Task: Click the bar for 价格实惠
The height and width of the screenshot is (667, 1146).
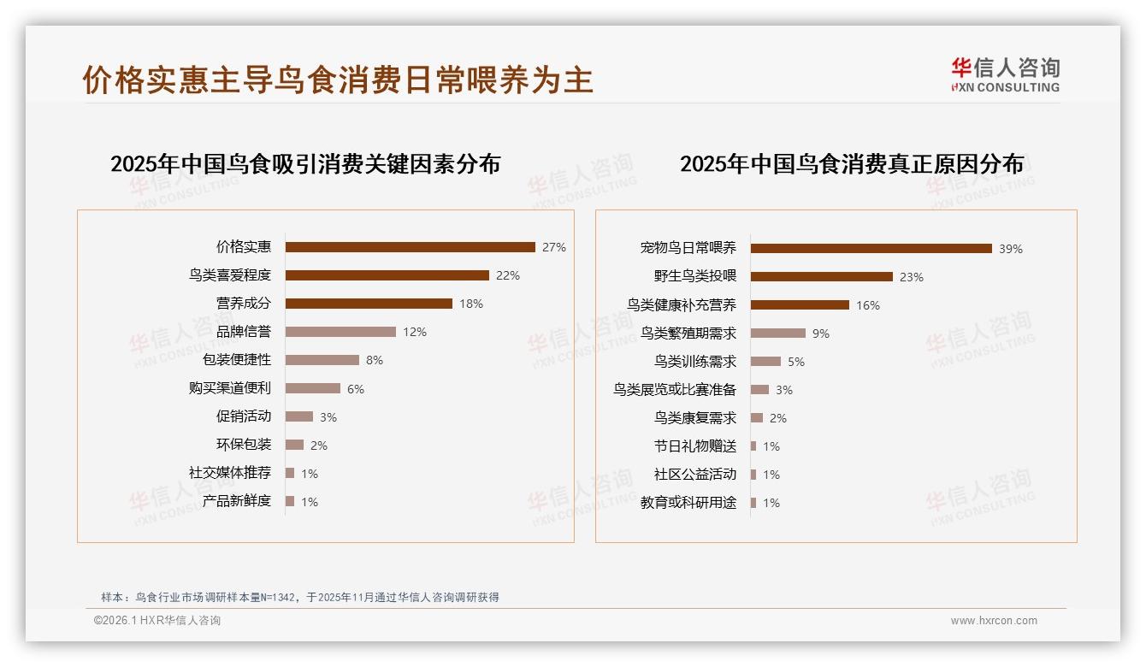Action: (411, 247)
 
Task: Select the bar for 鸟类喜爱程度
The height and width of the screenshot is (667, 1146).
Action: (387, 275)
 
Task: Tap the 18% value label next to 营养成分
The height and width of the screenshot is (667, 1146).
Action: (471, 304)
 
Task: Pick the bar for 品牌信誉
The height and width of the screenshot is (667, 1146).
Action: (340, 332)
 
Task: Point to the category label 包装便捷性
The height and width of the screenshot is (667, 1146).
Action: (237, 360)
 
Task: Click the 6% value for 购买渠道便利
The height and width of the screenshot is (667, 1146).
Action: (356, 389)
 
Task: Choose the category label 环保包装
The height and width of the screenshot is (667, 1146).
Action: (244, 445)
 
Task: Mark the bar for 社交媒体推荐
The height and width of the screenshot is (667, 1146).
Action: (290, 473)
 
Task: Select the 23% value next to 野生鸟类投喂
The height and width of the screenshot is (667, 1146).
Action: (912, 277)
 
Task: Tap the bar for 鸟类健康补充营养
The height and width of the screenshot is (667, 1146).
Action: (800, 305)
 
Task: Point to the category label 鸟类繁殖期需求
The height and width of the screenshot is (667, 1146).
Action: (688, 333)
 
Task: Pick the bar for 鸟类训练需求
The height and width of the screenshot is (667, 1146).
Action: (765, 362)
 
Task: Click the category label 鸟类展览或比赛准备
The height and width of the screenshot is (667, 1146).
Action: (675, 390)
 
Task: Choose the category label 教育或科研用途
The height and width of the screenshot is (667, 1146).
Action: (688, 503)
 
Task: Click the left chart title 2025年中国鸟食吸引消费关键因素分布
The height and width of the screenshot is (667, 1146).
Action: (305, 164)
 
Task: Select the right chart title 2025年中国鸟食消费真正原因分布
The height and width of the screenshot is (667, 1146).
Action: (852, 164)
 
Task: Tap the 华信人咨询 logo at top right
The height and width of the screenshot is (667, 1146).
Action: (1005, 74)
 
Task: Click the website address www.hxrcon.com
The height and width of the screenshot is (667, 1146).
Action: (994, 621)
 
